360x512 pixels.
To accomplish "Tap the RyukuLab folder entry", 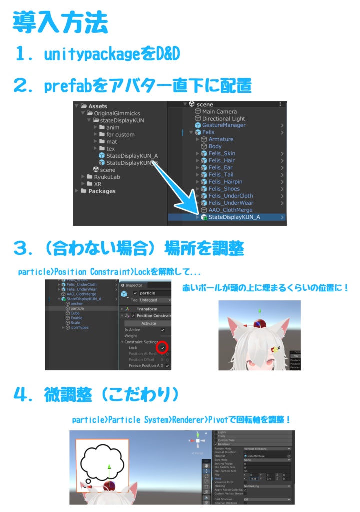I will tap(107, 177).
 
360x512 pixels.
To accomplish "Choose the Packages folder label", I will tap(102, 191).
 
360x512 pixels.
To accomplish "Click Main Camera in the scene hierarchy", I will tap(219, 112).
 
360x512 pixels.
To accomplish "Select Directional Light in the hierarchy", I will tap(223, 119).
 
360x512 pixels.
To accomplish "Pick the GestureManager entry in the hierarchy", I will tap(227, 125).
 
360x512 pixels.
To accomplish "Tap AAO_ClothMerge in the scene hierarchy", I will tap(230, 210).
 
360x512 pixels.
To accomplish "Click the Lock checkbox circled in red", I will tap(162, 347).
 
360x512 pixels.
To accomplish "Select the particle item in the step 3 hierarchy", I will tap(77, 309).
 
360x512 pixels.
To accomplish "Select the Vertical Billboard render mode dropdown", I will tap(266, 449).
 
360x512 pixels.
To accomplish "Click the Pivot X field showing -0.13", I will tap(254, 478).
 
